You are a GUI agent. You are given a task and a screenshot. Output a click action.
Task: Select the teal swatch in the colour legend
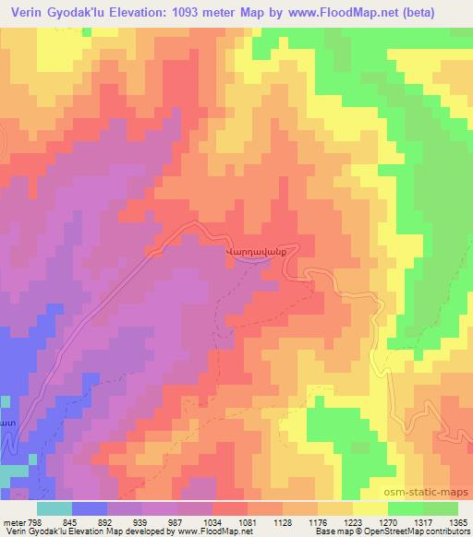pyautogui.click(x=54, y=507)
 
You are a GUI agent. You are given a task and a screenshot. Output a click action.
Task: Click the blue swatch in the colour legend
pyautogui.click(x=89, y=507)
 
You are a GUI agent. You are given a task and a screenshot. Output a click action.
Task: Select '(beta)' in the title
pyautogui.click(x=440, y=11)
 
